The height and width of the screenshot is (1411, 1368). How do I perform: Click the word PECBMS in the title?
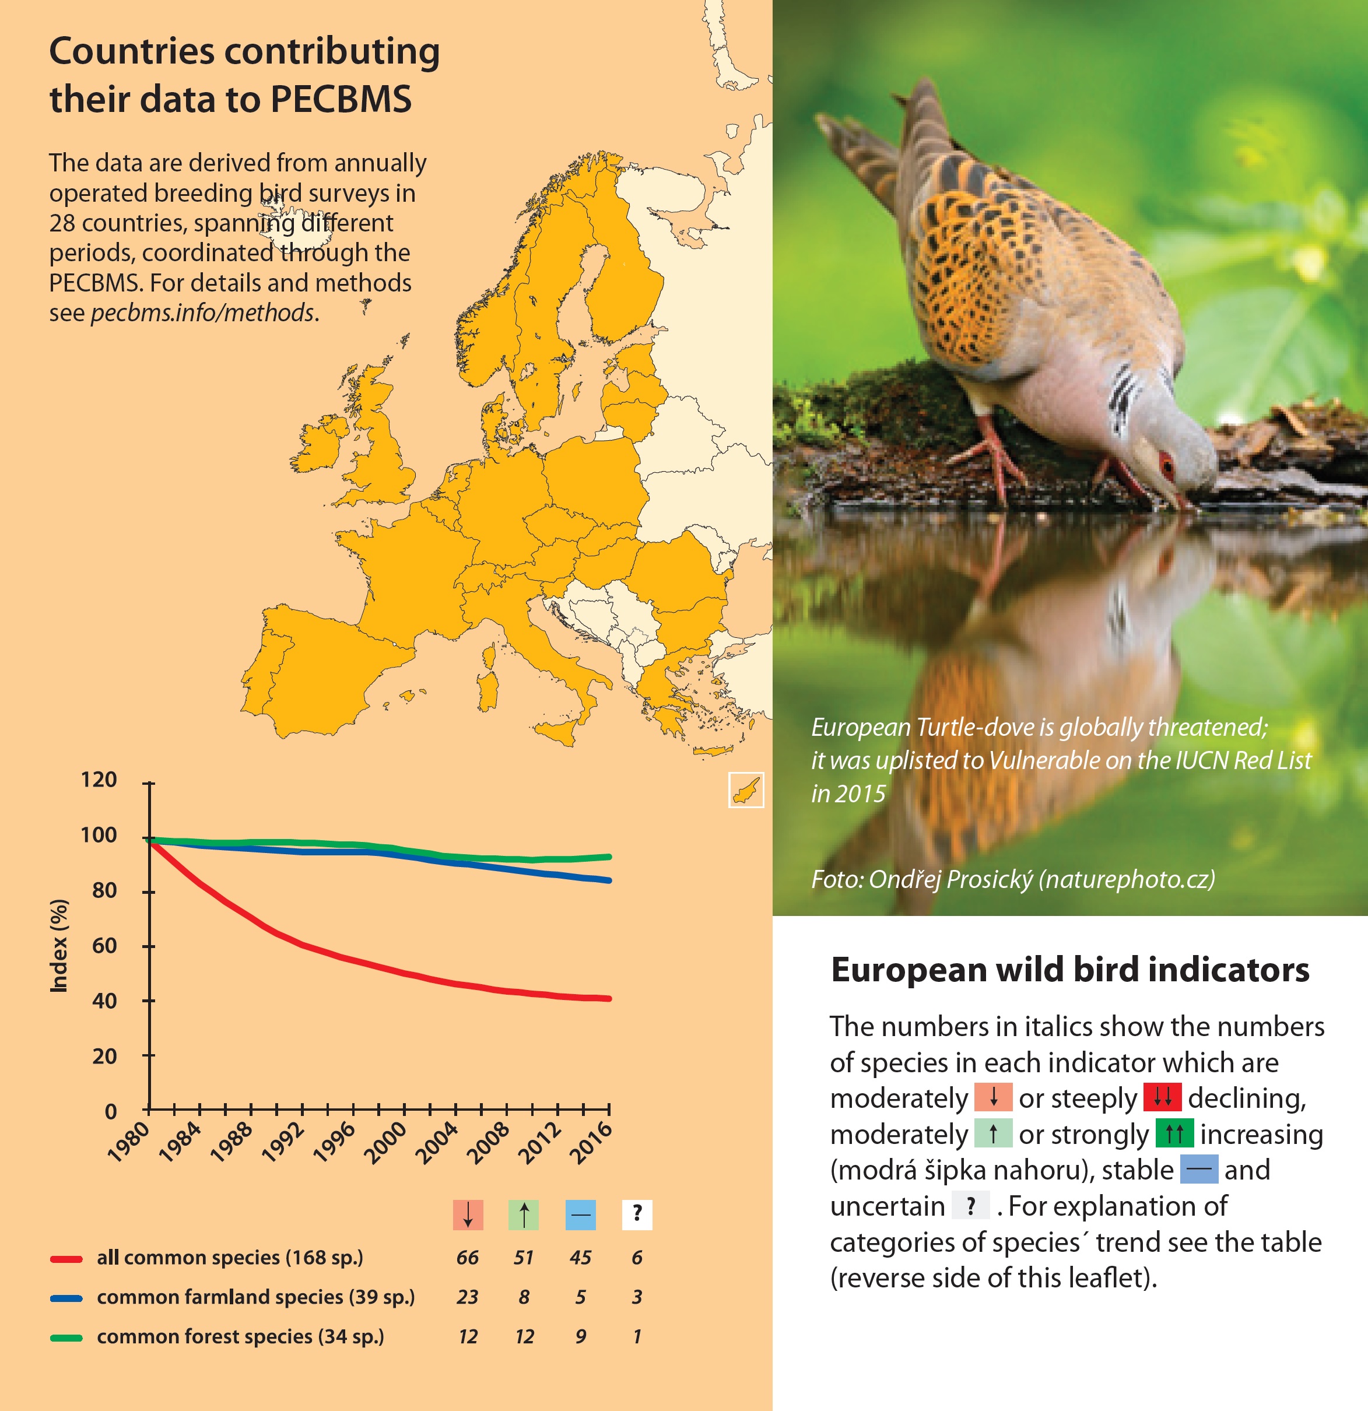[x=341, y=99]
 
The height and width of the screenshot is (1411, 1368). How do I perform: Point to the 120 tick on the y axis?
[x=99, y=780]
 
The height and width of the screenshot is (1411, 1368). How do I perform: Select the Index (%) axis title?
[x=59, y=946]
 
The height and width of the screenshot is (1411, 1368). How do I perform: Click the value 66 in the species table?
[x=467, y=1258]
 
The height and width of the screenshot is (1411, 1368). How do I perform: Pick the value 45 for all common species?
[x=580, y=1258]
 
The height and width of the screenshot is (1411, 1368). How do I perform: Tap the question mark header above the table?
[x=637, y=1215]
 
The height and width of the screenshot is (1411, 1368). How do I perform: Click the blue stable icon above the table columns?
[x=580, y=1215]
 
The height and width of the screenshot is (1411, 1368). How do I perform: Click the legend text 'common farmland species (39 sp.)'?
[x=255, y=1297]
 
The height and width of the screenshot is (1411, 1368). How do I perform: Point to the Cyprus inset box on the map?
[x=746, y=789]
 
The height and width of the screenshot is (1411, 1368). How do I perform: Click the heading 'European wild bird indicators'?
[x=1069, y=970]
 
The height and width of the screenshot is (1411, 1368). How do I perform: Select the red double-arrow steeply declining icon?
[x=1162, y=1097]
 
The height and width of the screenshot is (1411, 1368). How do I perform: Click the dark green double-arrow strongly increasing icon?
[x=1174, y=1133]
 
